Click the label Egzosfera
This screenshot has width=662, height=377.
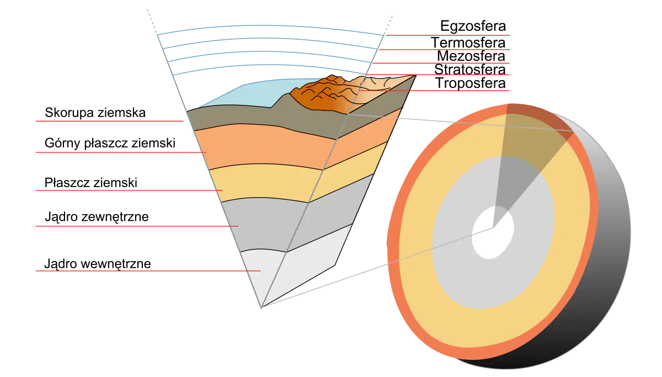tap(473, 26)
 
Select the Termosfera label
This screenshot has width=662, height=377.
tap(468, 43)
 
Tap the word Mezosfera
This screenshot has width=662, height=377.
tap(471, 56)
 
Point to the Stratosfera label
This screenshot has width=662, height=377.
tap(470, 70)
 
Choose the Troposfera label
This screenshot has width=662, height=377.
tap(471, 83)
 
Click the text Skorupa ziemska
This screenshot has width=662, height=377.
tap(95, 113)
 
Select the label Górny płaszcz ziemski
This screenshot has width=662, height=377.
tap(110, 144)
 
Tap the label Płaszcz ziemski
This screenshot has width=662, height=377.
tap(90, 183)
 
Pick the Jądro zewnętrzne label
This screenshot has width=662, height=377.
tap(97, 217)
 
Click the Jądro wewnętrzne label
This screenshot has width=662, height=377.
tap(98, 264)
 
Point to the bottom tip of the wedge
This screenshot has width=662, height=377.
tap(261, 308)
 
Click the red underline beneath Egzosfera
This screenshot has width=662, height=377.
tap(448, 35)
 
